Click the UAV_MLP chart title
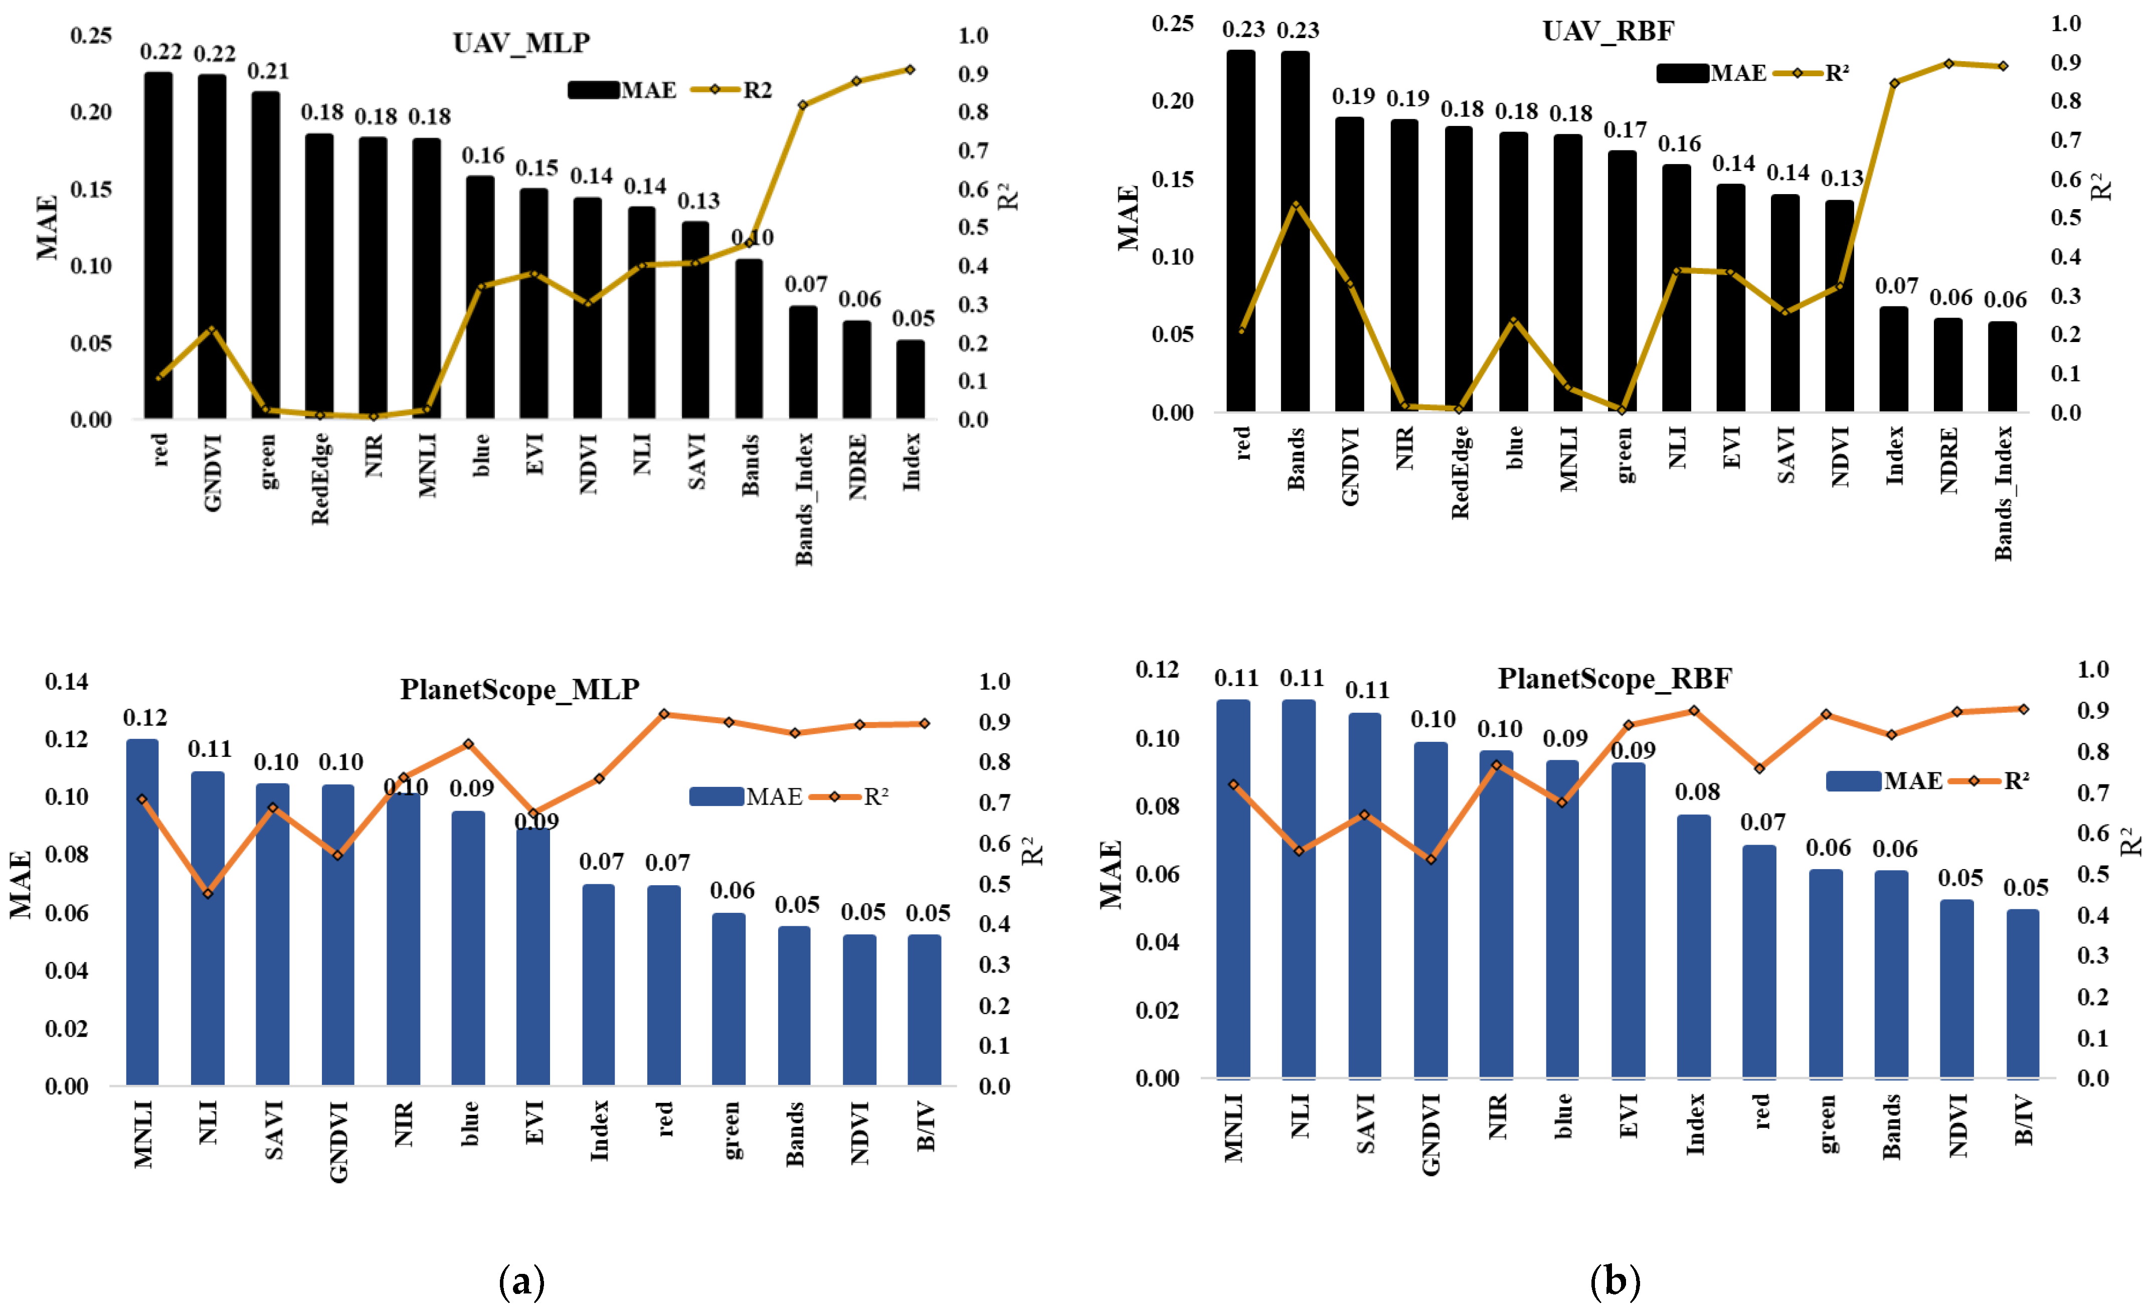[521, 42]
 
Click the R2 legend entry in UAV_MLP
[732, 90]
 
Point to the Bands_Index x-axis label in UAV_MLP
[804, 498]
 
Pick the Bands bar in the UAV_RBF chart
[1295, 232]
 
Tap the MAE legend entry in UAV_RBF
[1711, 73]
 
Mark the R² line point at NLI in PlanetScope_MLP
[208, 893]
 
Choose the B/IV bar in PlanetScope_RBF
[2023, 993]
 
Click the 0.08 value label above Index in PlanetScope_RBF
[1697, 792]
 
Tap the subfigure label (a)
[521, 1281]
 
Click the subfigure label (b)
[1614, 1281]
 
